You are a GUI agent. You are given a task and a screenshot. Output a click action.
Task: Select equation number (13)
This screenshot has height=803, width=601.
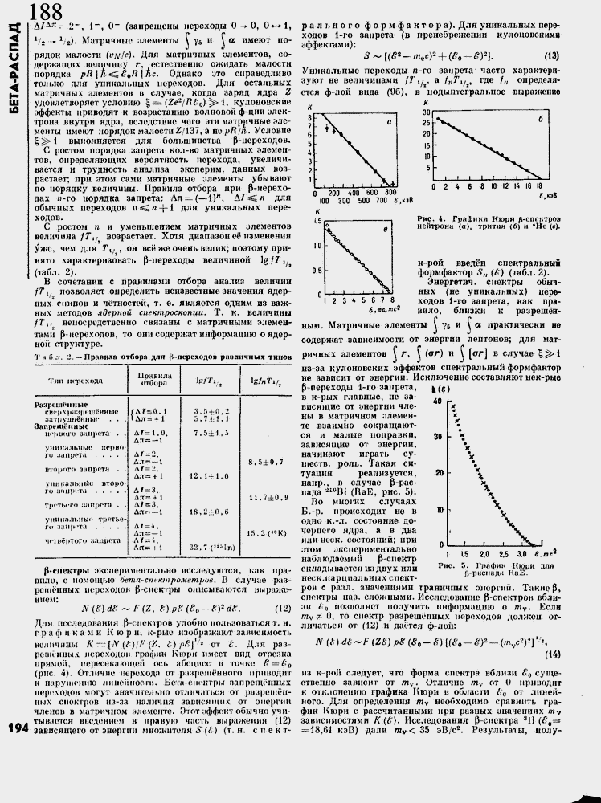551,55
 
